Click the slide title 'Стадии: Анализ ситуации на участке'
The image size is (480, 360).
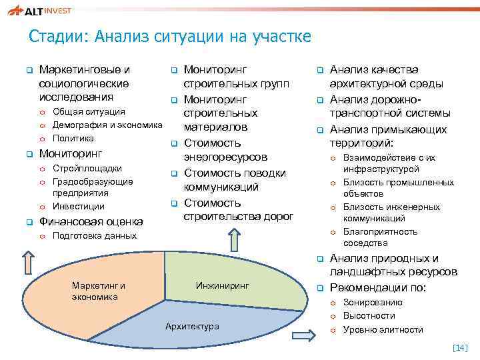point(170,36)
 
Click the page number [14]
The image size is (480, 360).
point(460,347)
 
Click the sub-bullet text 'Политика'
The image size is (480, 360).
point(73,139)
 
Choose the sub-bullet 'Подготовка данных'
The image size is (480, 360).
point(94,236)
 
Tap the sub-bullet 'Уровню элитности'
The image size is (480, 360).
point(383,329)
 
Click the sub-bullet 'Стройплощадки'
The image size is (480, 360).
point(87,169)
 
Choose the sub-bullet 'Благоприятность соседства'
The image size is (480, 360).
point(380,237)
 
